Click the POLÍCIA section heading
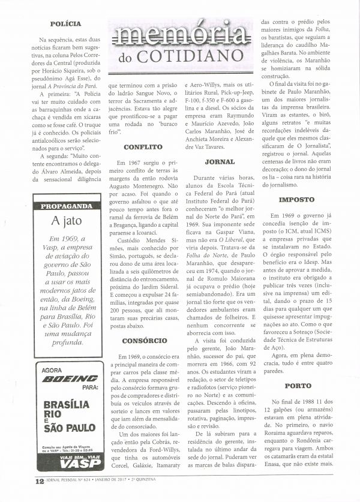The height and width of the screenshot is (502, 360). click(x=65, y=24)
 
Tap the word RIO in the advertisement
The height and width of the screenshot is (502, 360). click(x=53, y=415)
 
